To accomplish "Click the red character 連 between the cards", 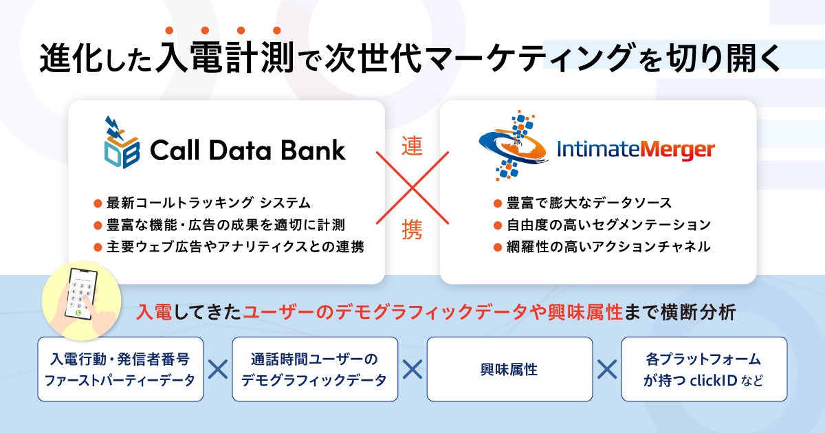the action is tap(412, 148).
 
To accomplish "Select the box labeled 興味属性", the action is tap(509, 369).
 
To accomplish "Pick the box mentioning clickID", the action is tap(704, 369).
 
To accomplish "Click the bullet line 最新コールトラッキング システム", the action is tap(202, 203).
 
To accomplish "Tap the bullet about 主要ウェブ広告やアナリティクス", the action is tap(229, 246).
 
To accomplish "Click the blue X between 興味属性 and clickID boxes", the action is tap(606, 370).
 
